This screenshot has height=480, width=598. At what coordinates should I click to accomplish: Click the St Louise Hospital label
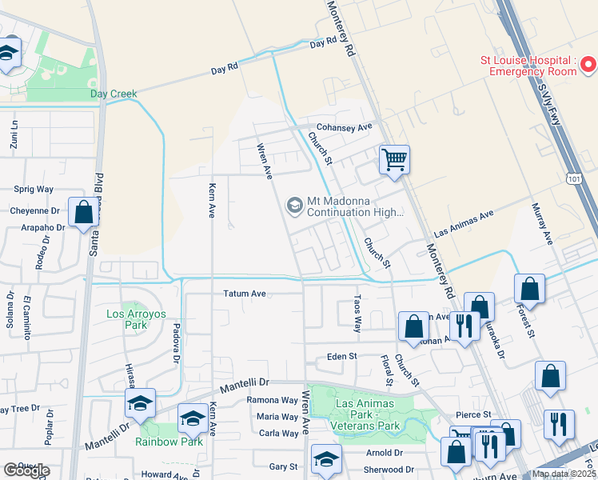point(528,66)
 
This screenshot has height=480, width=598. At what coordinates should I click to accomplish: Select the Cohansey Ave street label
point(344,127)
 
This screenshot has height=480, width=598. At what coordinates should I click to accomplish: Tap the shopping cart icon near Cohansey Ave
point(393,160)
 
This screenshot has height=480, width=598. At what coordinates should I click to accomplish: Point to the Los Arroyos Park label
point(136,319)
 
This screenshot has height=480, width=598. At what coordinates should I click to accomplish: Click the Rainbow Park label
point(169,441)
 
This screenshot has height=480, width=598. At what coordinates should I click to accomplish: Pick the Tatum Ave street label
point(244,294)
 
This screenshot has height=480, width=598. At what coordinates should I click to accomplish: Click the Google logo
point(27,470)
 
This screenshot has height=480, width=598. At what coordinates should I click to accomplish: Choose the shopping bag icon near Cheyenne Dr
point(83,213)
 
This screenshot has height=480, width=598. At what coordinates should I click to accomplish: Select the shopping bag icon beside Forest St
point(528,288)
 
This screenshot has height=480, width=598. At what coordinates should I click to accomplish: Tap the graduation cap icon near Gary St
point(326,459)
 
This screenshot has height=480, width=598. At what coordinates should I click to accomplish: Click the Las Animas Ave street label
point(464,223)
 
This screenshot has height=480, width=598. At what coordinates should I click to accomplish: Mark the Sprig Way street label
point(34,190)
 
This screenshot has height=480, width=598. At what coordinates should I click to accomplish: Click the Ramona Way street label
point(272,400)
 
